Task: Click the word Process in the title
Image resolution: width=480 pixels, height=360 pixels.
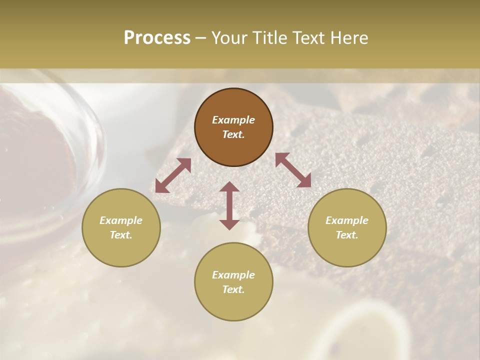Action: tap(157, 38)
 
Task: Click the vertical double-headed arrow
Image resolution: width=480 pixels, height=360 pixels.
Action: tap(229, 205)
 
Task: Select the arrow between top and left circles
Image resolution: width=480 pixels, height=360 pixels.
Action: tap(173, 175)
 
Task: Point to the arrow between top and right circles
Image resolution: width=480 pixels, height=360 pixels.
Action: tap(293, 170)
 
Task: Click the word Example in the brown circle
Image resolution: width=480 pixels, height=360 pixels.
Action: tap(233, 120)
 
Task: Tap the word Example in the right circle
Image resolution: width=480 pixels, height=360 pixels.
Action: tap(347, 220)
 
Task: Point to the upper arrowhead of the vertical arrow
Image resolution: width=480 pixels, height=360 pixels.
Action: tap(229, 187)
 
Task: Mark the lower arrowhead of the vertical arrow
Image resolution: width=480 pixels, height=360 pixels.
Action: tap(229, 223)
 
